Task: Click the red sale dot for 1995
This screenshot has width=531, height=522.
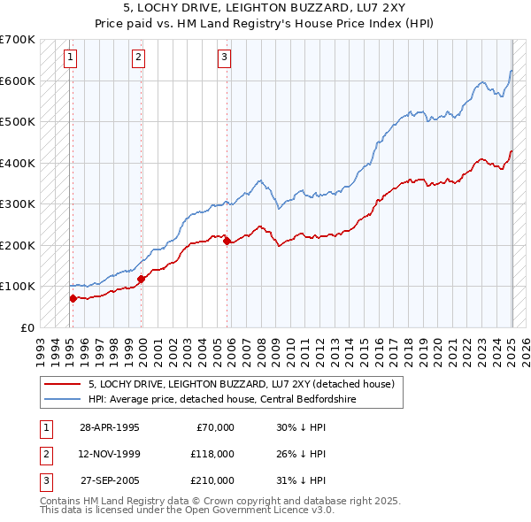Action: [x=73, y=298]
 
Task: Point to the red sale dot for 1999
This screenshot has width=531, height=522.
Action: [x=141, y=279]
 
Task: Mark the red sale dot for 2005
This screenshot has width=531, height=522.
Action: [x=227, y=241]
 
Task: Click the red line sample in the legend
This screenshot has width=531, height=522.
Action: [x=62, y=384]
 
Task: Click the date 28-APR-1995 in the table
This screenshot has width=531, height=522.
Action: [x=110, y=427]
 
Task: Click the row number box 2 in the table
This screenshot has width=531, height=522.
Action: [x=45, y=454]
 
